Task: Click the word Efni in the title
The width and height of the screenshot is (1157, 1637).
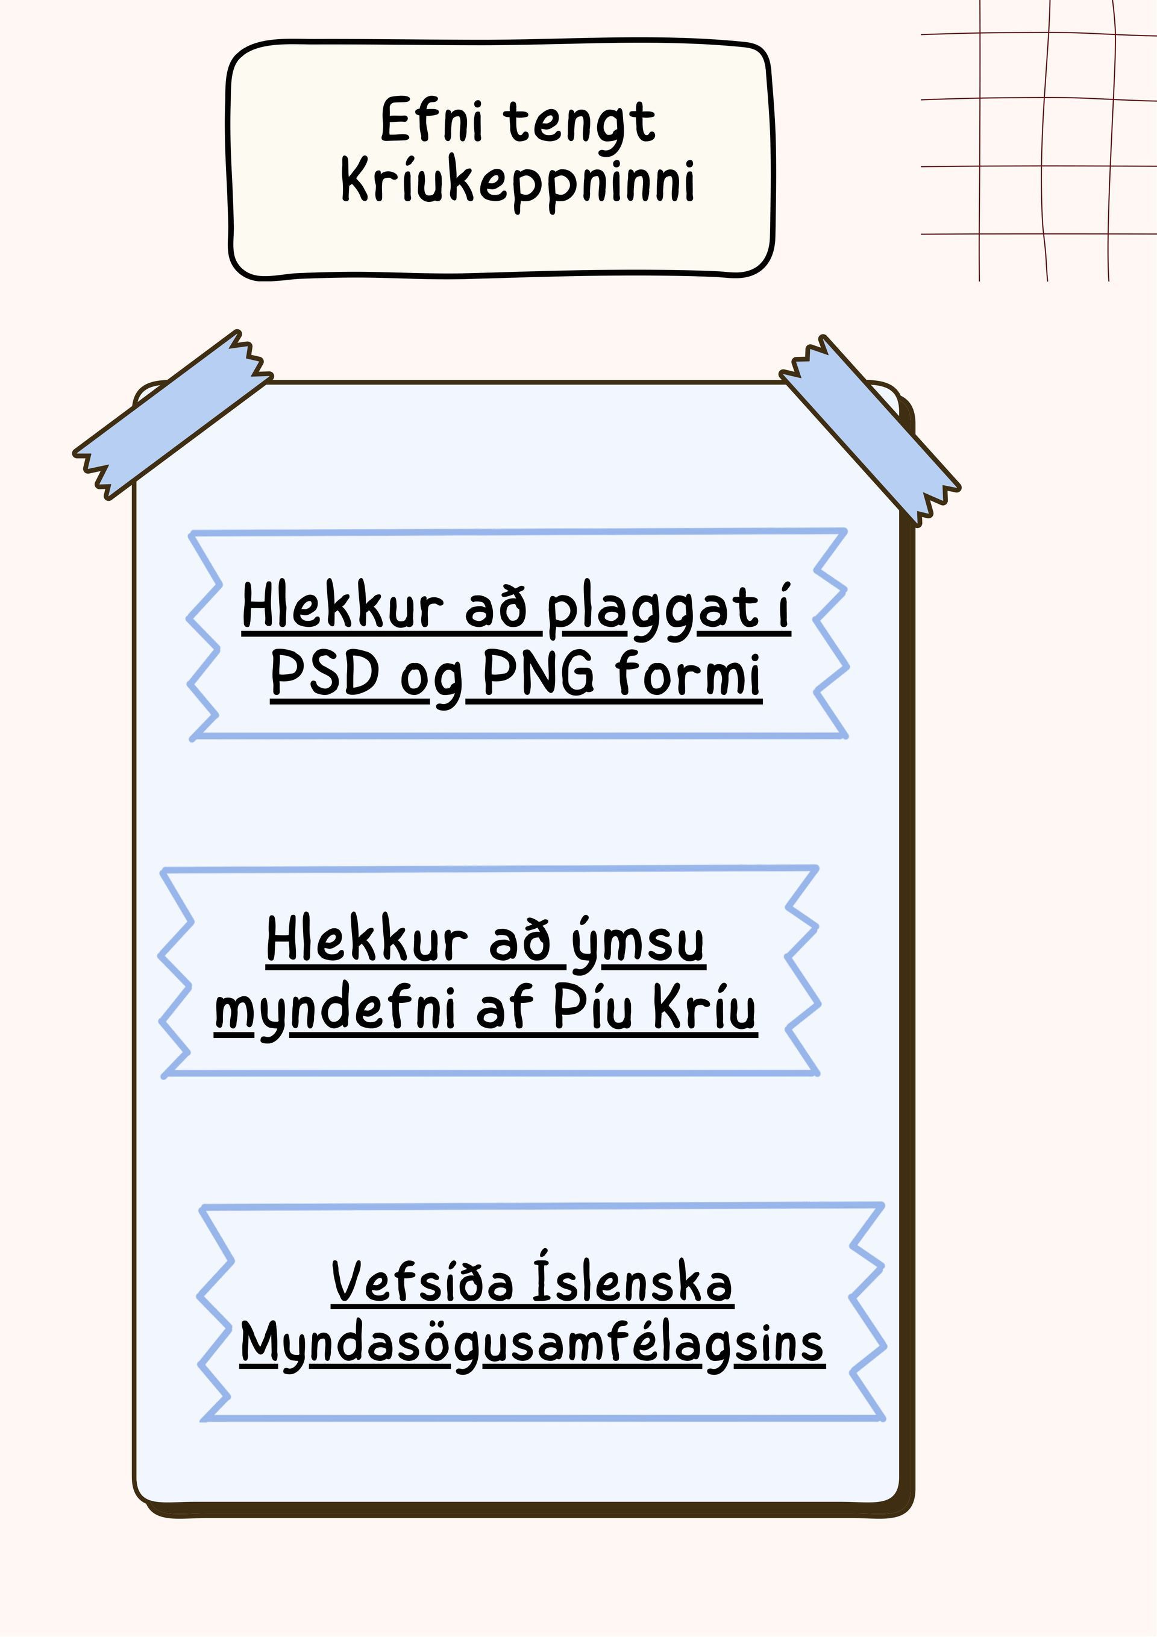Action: click(431, 119)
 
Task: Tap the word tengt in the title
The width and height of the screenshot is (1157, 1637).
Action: click(580, 125)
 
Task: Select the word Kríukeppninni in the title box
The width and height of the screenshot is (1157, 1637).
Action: click(518, 183)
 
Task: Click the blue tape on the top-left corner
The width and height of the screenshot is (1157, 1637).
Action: click(172, 414)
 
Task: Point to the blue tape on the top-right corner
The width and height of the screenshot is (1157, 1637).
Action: click(870, 430)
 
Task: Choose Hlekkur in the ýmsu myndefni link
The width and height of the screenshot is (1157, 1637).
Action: click(367, 940)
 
